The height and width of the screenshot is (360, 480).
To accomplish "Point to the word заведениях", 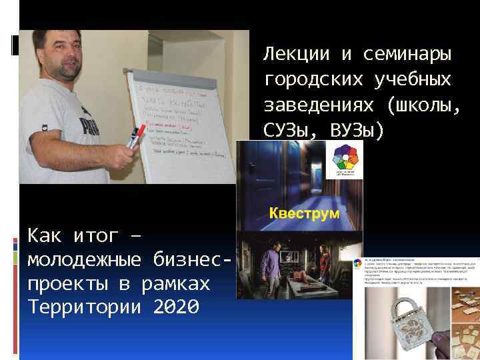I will (313, 105).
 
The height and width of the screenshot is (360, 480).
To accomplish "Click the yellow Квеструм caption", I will (304, 213).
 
